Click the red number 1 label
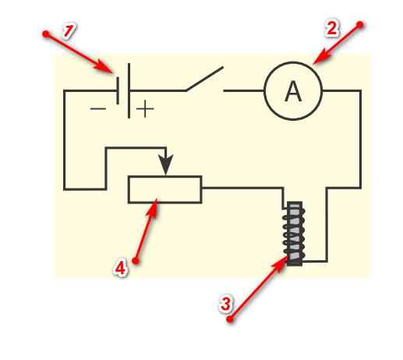pyautogui.click(x=69, y=31)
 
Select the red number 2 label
pyautogui.click(x=332, y=28)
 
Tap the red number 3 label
pyautogui.click(x=225, y=303)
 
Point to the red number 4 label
pyautogui.click(x=120, y=267)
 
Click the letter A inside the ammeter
pyautogui.click(x=293, y=91)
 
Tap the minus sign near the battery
pyautogui.click(x=98, y=108)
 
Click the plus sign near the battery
pyautogui.click(x=145, y=109)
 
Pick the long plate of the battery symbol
pyautogui.click(x=129, y=90)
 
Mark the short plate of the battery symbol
pyautogui.click(x=118, y=90)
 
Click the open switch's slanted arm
pyautogui.click(x=204, y=79)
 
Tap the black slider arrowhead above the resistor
pyautogui.click(x=166, y=164)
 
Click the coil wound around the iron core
pyautogui.click(x=294, y=234)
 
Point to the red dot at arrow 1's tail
pyautogui.click(x=46, y=34)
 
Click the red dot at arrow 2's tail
pyautogui.click(x=360, y=25)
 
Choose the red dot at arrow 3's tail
pyautogui.click(x=230, y=319)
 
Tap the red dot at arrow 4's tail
pyautogui.click(x=136, y=260)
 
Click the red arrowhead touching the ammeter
pyautogui.click(x=321, y=56)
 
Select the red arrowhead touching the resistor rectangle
pyautogui.click(x=153, y=208)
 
